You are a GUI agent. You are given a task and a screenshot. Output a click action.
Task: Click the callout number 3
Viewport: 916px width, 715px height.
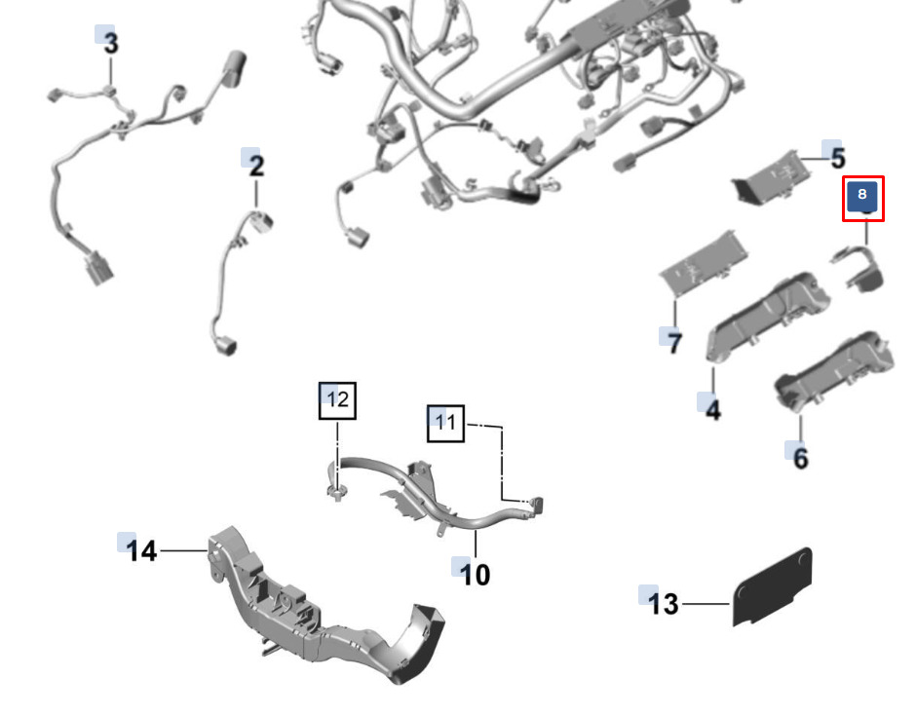point(110,43)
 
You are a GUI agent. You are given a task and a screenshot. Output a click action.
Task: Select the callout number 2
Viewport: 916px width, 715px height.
point(256,166)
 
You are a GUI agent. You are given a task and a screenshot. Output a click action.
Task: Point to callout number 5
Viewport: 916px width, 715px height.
point(838,158)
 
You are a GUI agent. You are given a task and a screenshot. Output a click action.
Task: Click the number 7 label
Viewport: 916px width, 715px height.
point(674,342)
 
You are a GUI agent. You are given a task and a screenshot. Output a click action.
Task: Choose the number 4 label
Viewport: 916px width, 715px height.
point(712,409)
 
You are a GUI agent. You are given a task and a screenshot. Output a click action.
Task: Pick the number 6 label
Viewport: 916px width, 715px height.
point(800,458)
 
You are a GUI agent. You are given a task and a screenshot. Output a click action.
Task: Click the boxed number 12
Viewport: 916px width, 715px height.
point(338,400)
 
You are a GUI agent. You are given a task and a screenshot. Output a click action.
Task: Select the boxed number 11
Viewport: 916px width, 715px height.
point(445,423)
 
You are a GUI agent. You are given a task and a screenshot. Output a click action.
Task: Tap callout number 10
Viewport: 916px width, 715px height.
point(476,575)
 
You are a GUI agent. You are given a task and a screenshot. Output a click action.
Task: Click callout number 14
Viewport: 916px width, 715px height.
point(142,550)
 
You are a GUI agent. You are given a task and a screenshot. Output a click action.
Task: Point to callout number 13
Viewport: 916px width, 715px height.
point(664,604)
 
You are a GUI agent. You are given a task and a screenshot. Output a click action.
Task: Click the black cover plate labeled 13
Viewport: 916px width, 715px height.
point(772,587)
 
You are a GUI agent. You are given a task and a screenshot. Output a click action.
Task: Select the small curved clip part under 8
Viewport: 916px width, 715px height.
point(859,268)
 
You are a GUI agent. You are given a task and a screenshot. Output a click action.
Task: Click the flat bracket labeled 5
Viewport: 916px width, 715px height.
point(772,177)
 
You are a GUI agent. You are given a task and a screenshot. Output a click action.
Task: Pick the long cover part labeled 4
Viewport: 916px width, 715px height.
point(768,316)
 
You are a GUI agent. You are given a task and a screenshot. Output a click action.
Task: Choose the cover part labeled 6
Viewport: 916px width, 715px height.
point(833,372)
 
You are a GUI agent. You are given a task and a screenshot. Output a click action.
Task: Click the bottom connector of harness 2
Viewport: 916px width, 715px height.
point(226,345)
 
